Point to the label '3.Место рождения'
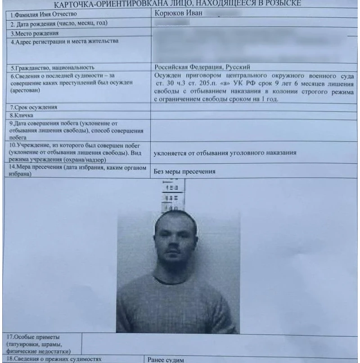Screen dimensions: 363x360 tap(35, 33)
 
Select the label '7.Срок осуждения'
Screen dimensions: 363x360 tap(34, 108)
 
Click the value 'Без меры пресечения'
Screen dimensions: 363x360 tap(184, 171)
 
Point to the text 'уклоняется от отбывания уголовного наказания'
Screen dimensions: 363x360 tap(225, 153)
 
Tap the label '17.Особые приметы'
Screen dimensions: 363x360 tap(34, 337)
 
